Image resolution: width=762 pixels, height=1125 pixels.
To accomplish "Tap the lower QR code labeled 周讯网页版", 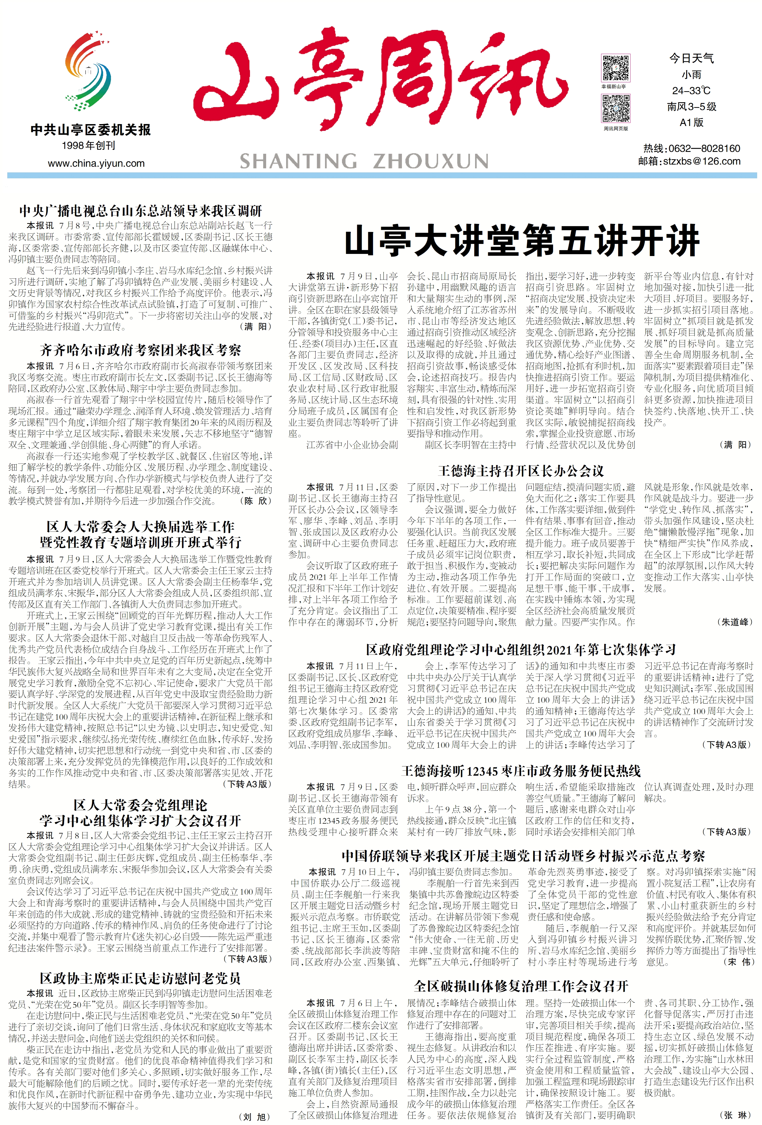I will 615,109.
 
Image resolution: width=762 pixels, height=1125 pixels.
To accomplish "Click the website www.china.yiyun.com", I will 96,163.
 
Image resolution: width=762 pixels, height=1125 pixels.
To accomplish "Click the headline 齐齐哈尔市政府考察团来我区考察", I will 140,349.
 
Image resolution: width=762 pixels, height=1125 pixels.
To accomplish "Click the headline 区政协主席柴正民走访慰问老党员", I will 140,978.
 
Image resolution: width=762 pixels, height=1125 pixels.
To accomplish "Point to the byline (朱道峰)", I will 734,622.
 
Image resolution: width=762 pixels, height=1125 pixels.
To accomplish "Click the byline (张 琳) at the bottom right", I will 737,1114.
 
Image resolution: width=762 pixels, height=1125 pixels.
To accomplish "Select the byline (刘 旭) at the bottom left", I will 255,1117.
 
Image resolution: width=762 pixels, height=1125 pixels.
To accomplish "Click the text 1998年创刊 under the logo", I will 88,146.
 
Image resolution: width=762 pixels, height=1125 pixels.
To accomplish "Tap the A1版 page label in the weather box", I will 691,122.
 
